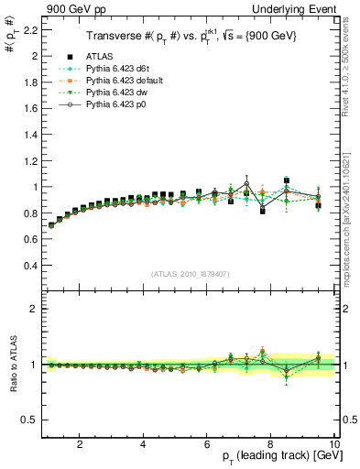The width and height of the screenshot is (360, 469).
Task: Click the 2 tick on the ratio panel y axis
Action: click(x=33, y=309)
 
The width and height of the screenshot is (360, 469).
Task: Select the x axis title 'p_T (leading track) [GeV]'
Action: click(x=280, y=458)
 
